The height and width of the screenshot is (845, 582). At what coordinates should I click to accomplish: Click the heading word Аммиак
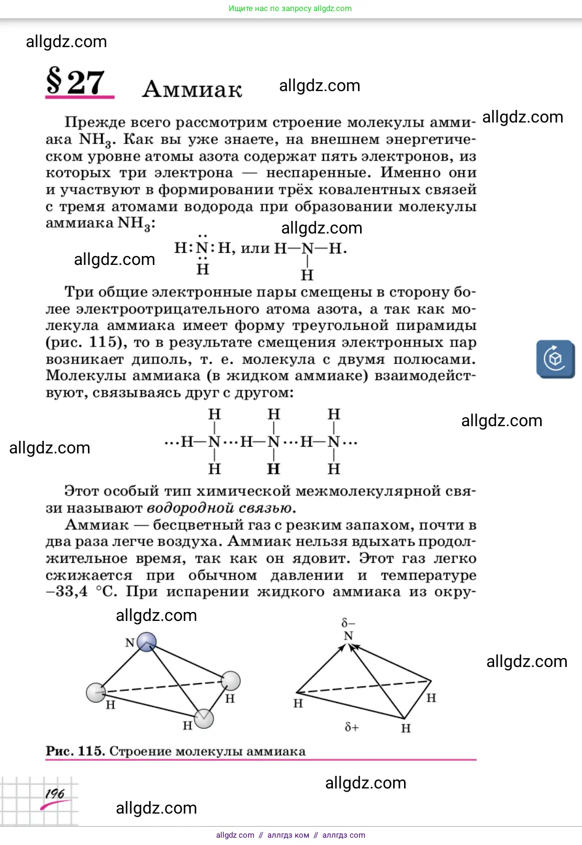(192, 90)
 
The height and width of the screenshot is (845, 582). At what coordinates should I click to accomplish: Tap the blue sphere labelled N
(147, 641)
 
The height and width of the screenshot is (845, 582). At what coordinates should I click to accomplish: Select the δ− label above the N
(348, 623)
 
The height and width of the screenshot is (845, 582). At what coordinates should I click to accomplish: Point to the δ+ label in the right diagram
(352, 727)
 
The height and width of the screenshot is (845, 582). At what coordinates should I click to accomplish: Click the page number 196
(54, 794)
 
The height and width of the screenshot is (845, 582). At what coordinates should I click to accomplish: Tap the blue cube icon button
(555, 359)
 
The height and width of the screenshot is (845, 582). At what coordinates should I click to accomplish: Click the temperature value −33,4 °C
(81, 592)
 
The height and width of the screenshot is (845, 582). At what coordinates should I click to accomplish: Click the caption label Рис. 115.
(76, 751)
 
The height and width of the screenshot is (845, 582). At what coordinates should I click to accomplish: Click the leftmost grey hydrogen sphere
(96, 692)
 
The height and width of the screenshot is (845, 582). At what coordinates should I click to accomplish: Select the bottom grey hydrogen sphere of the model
(204, 719)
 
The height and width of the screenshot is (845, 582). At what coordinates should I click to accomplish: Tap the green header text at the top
(290, 8)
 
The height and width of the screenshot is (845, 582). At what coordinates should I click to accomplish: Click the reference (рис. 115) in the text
(86, 342)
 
